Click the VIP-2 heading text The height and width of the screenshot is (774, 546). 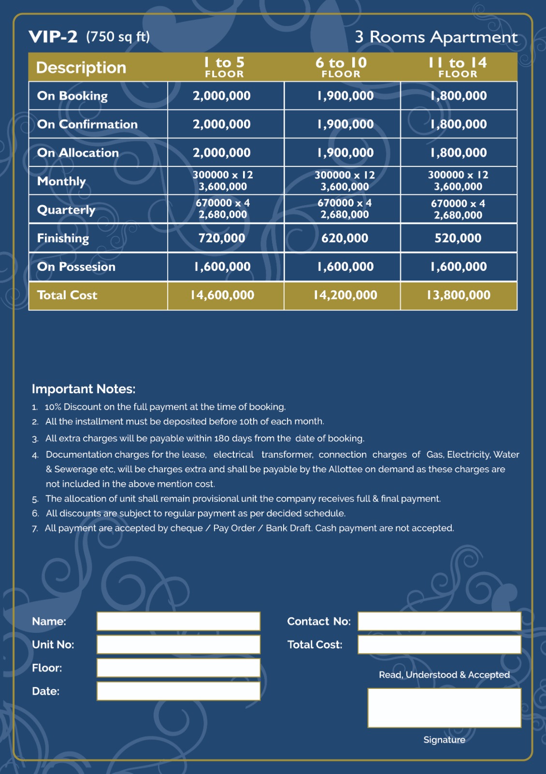[53, 37]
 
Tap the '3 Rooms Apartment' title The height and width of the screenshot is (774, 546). [436, 37]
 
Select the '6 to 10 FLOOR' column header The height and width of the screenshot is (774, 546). [341, 67]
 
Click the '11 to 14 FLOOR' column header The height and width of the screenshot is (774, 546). [458, 67]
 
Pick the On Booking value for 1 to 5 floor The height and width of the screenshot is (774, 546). [222, 96]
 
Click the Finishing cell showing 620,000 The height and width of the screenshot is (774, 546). [345, 238]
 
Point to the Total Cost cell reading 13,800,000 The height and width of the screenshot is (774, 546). [458, 295]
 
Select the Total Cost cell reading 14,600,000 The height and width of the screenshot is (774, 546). [222, 295]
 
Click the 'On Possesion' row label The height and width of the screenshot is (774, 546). [76, 267]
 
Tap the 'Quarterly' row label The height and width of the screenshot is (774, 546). [66, 210]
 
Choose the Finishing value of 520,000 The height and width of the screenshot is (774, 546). [458, 238]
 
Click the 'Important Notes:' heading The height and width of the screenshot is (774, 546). [84, 389]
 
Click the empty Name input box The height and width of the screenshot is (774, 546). [178, 621]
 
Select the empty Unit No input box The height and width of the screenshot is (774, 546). [178, 644]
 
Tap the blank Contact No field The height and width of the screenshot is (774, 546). [439, 621]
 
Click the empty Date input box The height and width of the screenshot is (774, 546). [178, 691]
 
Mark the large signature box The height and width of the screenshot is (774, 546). [444, 708]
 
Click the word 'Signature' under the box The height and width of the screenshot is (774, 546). [444, 740]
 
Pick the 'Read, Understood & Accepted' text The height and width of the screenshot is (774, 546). [444, 675]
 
